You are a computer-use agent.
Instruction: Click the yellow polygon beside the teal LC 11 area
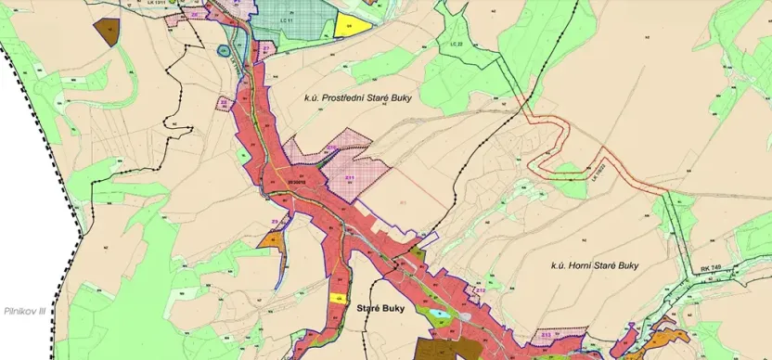[351, 26]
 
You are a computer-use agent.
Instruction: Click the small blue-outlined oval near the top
[223, 51]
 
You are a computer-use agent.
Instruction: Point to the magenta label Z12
[481, 289]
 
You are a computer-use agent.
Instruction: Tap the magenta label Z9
[275, 220]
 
